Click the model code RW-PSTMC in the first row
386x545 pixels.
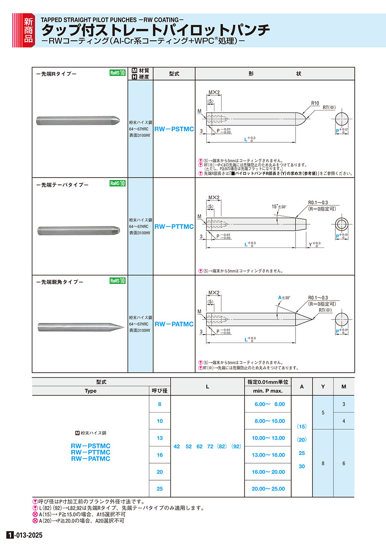[174, 129]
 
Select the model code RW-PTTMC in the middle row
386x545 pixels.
[174, 226]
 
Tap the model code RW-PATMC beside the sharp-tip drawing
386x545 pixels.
[174, 324]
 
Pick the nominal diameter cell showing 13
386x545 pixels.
[160, 438]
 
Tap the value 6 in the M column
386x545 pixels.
[344, 464]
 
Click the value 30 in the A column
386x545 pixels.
[302, 466]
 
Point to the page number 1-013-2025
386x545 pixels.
[25, 536]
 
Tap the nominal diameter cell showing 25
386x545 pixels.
[160, 489]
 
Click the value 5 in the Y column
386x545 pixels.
[323, 413]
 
